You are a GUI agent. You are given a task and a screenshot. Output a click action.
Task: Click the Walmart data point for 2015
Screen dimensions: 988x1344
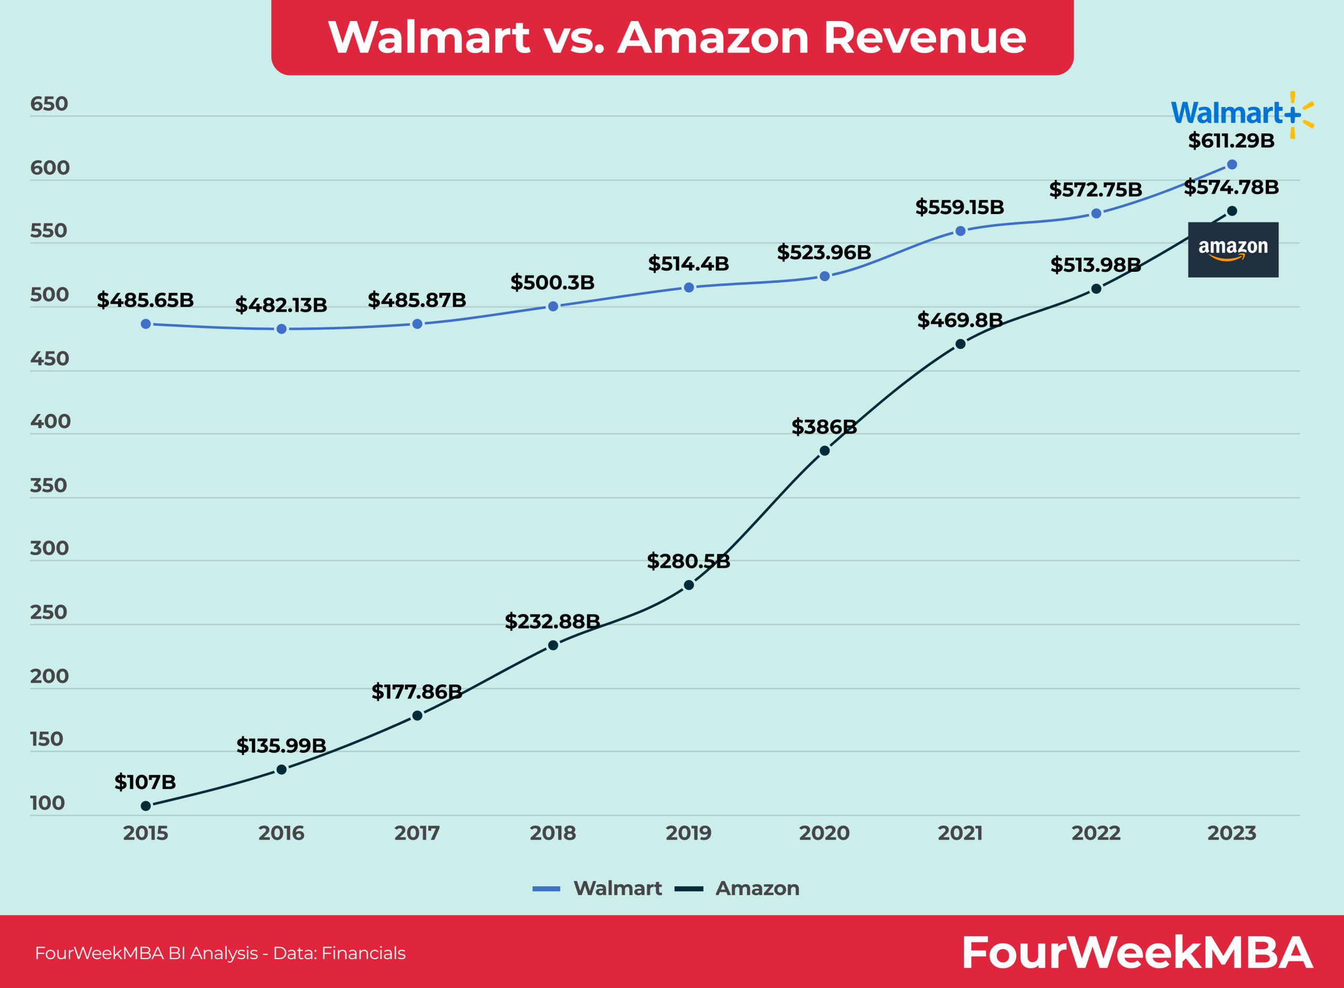tap(145, 324)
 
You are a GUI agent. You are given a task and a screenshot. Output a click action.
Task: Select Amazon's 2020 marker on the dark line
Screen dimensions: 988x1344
tap(825, 451)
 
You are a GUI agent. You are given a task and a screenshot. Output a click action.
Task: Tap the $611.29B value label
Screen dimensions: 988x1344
tap(1231, 141)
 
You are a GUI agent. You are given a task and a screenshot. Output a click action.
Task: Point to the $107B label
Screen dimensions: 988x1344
tap(145, 782)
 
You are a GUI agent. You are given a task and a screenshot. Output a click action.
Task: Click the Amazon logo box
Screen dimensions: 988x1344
tap(1233, 249)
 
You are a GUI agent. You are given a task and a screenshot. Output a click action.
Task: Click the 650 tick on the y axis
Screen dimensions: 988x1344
tap(49, 104)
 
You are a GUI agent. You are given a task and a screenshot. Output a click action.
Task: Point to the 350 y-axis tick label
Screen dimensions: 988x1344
tap(48, 486)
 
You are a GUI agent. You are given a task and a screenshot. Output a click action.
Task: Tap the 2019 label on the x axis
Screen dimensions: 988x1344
tap(689, 833)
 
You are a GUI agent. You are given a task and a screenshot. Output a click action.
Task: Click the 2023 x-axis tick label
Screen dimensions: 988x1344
tap(1232, 833)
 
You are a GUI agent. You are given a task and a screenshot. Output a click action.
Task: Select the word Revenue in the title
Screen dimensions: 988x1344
tap(925, 38)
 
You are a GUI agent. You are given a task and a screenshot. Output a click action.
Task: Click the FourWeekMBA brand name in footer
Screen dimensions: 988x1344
tap(1137, 953)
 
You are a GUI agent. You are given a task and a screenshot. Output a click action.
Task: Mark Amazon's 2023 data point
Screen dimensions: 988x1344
tap(1232, 211)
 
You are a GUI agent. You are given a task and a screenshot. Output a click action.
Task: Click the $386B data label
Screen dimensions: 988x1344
tap(824, 427)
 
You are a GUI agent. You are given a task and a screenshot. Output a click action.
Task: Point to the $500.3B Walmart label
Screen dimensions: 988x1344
tap(552, 282)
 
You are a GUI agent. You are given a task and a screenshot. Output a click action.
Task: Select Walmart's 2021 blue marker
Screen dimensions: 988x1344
tap(960, 231)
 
